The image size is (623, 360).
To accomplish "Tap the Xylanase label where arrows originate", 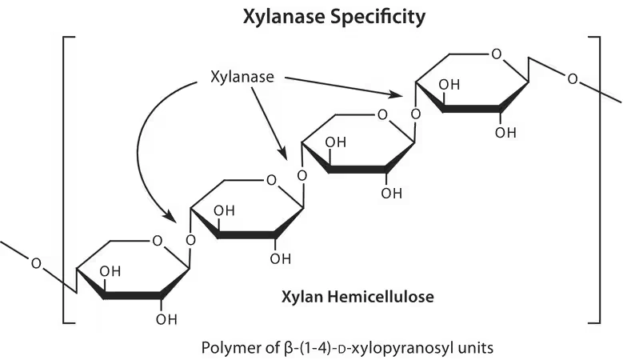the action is (242, 77).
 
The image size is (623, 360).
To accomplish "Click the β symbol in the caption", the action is (289, 348).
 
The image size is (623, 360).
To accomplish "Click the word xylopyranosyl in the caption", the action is (401, 348).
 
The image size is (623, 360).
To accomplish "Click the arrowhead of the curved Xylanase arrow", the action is (170, 217).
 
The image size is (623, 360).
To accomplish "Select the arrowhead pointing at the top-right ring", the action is (396, 94).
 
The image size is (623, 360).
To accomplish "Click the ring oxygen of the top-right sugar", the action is (497, 54).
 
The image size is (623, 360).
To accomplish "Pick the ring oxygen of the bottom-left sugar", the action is (158, 241).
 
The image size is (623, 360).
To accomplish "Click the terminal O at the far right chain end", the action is (572, 79).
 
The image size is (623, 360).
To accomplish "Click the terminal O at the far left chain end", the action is (36, 263).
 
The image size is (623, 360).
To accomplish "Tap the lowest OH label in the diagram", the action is (166, 319).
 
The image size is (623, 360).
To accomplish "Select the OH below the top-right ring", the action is (505, 132).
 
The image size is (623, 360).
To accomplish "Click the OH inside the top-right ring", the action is (449, 85).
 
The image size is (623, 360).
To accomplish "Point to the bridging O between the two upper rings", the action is (416, 114).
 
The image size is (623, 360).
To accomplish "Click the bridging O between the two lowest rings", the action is (190, 240).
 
